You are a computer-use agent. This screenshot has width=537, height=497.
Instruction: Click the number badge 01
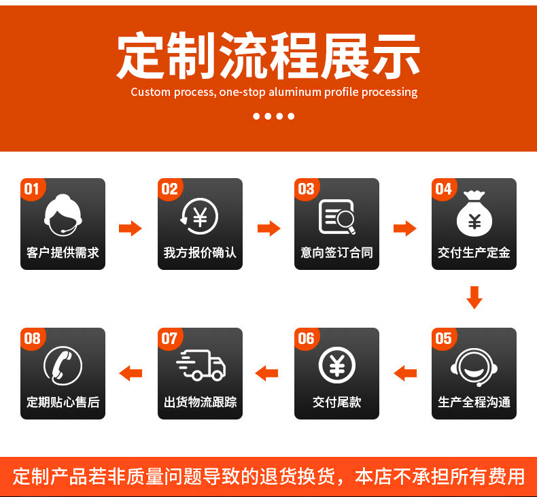pos(31,188)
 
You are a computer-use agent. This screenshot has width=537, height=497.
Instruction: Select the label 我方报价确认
pos(200,252)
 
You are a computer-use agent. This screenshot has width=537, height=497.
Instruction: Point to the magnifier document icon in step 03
pos(337,216)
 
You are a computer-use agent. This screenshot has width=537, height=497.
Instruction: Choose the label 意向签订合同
pos(336,252)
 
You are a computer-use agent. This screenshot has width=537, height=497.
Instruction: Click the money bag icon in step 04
pos(474,213)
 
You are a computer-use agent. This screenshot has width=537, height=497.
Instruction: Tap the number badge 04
pos(443,188)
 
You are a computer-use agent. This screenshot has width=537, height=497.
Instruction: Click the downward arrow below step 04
pos(474,298)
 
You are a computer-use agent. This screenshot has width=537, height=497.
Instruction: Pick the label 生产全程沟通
pos(474,402)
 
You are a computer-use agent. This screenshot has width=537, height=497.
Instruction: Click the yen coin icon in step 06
pos(336,365)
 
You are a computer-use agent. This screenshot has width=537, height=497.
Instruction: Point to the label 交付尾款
pos(336,402)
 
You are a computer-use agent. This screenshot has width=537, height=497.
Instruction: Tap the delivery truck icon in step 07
pos(200,365)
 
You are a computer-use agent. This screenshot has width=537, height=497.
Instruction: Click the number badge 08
pos(32,338)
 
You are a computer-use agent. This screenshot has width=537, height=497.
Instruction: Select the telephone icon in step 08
pos(63,365)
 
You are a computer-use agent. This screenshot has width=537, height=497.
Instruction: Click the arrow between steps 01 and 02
pos(131,228)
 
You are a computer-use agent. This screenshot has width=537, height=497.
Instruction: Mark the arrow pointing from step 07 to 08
pos(131,373)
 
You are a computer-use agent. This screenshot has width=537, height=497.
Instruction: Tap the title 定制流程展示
pos(268,56)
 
